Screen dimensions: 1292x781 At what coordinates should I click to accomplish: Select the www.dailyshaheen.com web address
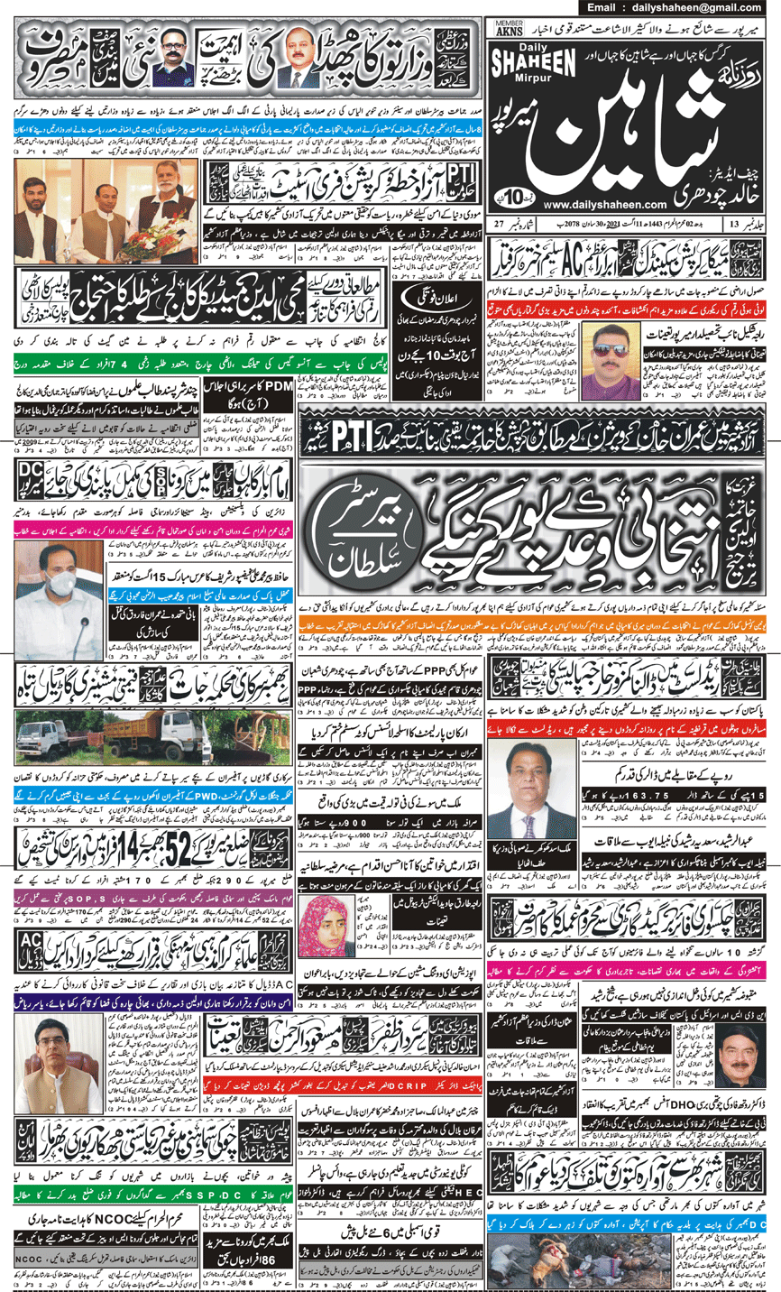coord(580,204)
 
